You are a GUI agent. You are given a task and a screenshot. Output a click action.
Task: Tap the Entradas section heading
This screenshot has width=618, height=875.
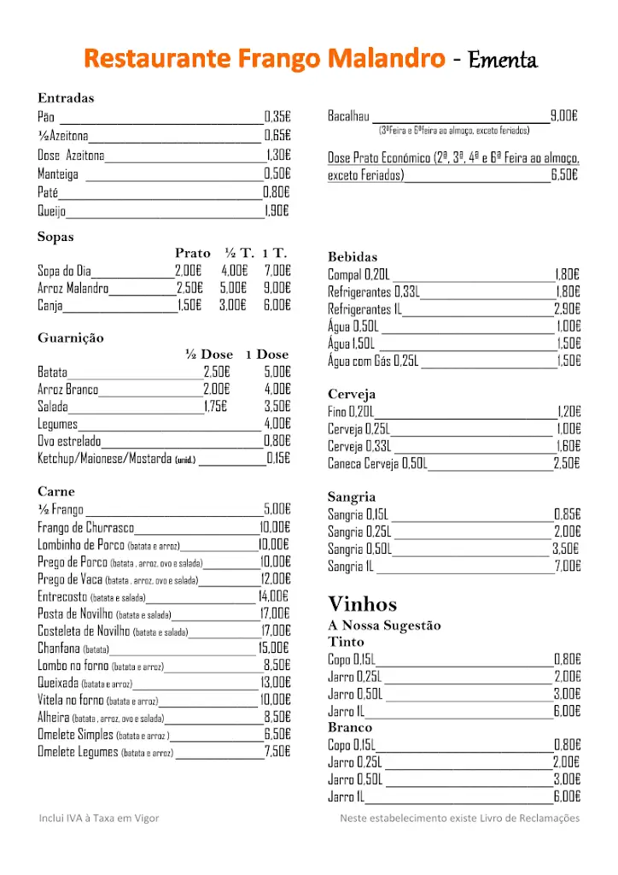coord(66,98)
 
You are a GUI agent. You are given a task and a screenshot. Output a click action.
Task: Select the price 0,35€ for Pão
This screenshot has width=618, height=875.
coord(277,117)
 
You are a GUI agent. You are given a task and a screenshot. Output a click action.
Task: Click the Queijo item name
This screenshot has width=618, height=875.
coord(51,211)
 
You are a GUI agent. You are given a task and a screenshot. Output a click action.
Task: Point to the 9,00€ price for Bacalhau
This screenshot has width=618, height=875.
coord(564,116)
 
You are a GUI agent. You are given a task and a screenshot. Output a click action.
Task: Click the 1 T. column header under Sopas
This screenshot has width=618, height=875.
coord(275,253)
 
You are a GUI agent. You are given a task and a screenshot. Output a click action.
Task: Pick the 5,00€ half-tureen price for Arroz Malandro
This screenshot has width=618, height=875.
coord(233,288)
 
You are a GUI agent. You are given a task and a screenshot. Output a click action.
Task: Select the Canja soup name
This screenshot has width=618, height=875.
coord(50,305)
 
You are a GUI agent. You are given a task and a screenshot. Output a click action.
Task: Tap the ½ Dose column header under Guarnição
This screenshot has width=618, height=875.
coord(209,355)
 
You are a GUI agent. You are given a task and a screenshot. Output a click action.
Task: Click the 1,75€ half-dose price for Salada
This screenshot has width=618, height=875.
coord(215,407)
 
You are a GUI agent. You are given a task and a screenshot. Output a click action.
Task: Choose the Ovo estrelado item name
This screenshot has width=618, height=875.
coord(69,441)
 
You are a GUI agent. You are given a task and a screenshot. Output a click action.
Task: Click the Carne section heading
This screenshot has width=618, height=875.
coord(56,491)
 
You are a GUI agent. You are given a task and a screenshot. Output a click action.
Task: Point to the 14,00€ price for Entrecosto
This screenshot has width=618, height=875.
coord(273,596)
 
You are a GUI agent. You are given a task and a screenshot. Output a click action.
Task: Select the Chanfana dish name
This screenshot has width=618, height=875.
coord(59,648)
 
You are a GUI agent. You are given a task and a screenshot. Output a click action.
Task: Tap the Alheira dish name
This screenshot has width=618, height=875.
coord(54,717)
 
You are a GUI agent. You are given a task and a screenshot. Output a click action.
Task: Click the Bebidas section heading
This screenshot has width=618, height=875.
coord(353,256)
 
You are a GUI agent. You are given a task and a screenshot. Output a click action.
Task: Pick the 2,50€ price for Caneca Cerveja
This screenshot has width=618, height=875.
coord(567,463)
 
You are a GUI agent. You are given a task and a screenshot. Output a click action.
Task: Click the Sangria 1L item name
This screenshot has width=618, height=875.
coord(351,566)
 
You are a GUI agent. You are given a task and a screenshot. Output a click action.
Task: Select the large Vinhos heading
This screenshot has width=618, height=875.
coord(363,604)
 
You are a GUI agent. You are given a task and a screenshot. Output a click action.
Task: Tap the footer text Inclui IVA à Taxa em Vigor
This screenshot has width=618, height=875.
coord(99,819)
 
